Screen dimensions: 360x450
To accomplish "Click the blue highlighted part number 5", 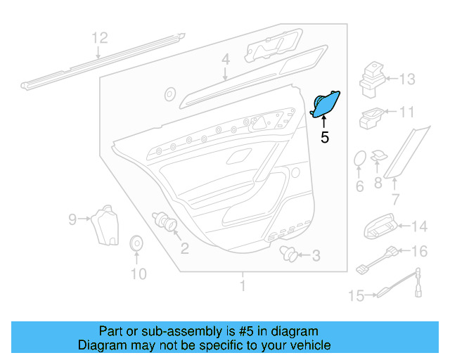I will (x=326, y=103).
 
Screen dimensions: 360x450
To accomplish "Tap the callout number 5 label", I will (x=324, y=137).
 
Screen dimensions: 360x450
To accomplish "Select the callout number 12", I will (x=100, y=38).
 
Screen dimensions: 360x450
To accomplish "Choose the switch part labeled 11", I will (x=371, y=117).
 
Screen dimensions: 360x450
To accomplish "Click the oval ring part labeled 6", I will (x=359, y=159).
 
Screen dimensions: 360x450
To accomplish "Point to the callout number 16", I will (x=419, y=251).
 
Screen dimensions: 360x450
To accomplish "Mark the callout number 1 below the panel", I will (x=243, y=286).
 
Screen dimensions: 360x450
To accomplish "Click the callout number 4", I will (x=225, y=61).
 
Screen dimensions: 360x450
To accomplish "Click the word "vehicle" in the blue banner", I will (x=307, y=345).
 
